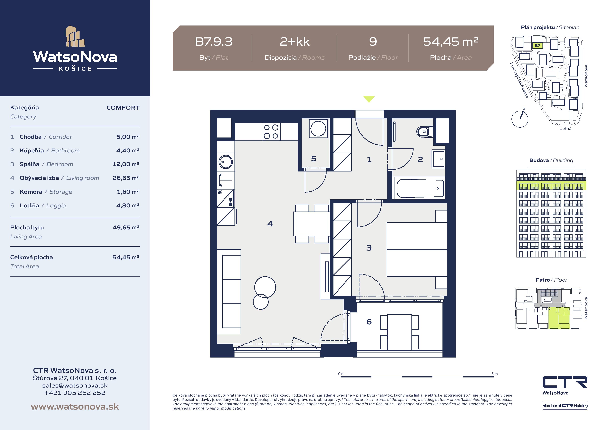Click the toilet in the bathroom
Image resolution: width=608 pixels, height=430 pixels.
tap(424, 131)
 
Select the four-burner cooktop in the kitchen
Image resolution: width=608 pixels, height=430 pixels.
tap(271, 132)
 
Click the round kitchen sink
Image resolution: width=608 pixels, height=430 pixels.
tap(226, 162)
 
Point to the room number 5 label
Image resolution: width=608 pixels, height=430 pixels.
tap(314, 158)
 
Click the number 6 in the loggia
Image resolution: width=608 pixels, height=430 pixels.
tap(369, 322)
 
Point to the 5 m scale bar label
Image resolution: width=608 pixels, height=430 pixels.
tap(494, 374)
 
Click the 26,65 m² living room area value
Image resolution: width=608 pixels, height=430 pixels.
tap(126, 178)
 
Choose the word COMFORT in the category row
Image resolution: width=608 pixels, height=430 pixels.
tap(123, 108)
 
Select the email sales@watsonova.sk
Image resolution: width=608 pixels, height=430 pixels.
tap(75, 385)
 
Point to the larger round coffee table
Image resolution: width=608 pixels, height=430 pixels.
tap(265, 287)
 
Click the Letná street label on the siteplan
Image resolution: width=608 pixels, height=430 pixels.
tap(565, 128)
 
